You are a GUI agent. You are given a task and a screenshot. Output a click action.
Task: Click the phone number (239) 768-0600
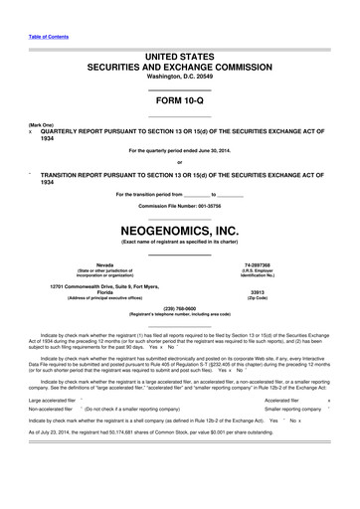point(179,308)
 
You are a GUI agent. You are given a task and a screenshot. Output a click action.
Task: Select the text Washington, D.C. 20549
point(179,75)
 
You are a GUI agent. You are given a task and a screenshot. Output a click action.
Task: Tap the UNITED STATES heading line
point(179,49)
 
